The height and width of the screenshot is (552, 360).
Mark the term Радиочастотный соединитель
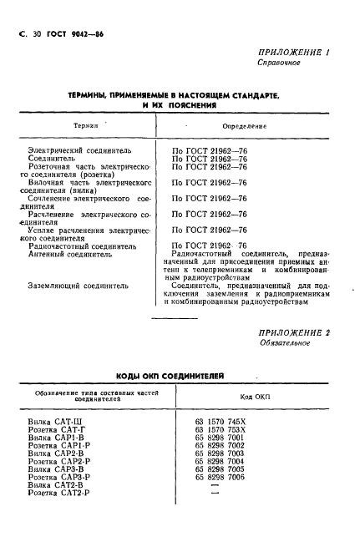point(82,246)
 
